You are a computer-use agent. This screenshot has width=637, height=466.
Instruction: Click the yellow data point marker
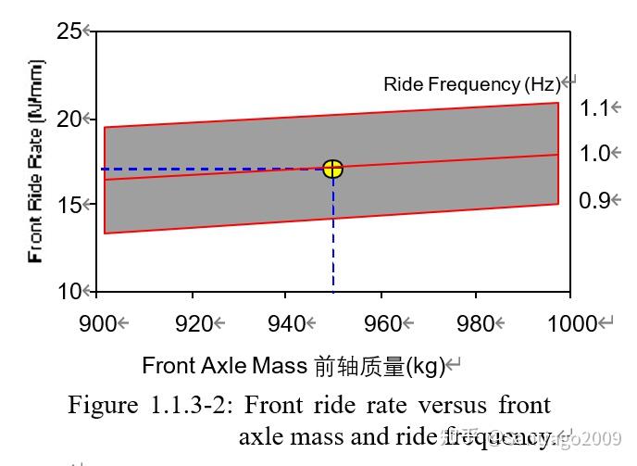[x=333, y=169]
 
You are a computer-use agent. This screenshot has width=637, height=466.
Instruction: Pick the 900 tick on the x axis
[x=97, y=323]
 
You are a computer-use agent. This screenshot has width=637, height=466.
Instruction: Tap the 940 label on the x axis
[x=287, y=323]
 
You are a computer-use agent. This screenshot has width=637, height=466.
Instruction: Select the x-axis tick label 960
[x=382, y=323]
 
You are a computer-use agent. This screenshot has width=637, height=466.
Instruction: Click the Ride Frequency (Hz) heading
[x=472, y=84]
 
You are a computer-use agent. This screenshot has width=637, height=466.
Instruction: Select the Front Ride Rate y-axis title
[x=36, y=160]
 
